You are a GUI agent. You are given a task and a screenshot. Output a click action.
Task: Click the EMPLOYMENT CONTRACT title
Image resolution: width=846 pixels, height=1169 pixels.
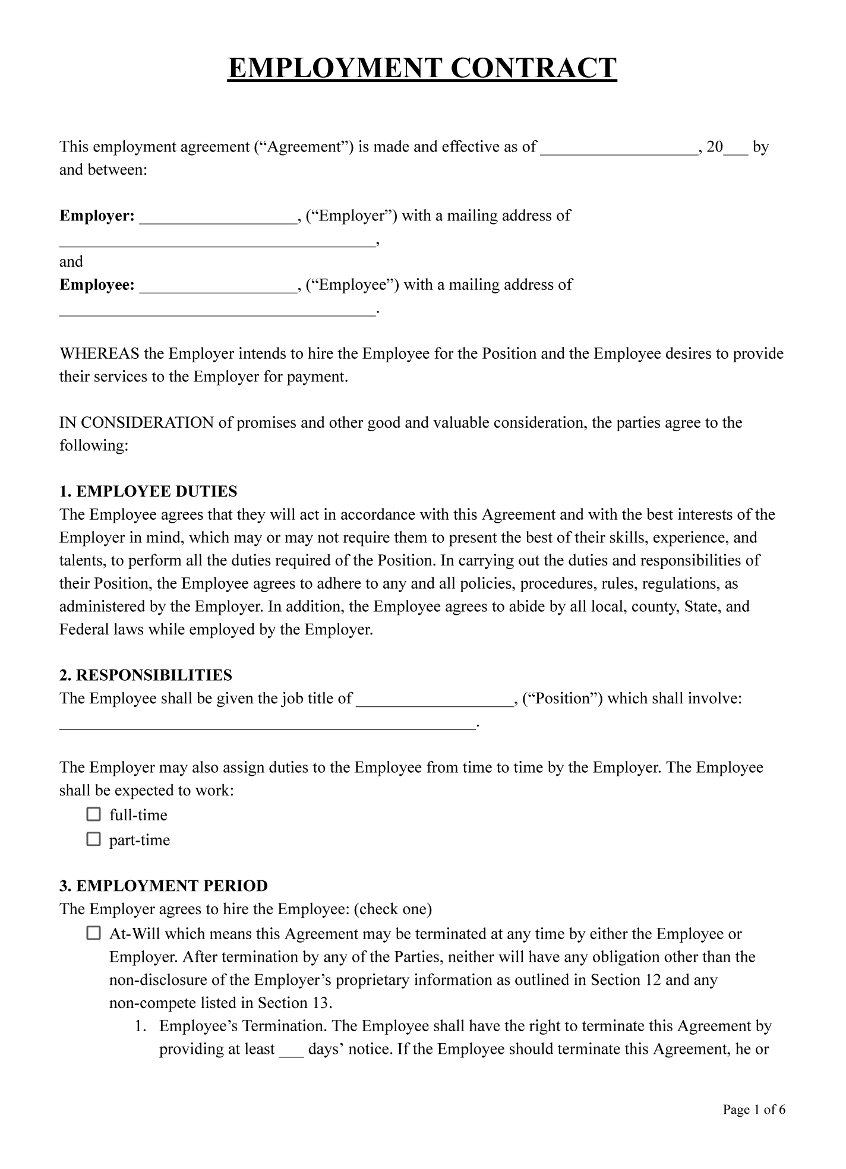(x=422, y=68)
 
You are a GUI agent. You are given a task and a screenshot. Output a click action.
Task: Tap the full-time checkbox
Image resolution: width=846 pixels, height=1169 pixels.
(x=94, y=814)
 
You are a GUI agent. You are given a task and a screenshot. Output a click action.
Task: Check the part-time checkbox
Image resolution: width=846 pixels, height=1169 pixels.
(x=94, y=839)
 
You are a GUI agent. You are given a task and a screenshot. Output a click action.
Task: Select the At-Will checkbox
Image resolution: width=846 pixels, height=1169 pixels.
(x=94, y=933)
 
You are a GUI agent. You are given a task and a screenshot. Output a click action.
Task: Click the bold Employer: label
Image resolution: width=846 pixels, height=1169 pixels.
(x=97, y=216)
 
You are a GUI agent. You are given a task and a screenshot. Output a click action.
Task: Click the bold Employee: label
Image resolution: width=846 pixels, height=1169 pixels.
(x=97, y=285)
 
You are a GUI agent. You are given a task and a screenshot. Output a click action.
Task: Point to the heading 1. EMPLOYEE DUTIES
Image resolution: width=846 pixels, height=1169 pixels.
(x=148, y=491)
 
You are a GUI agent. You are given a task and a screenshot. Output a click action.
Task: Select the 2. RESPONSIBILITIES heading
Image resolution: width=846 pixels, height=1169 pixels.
(x=146, y=675)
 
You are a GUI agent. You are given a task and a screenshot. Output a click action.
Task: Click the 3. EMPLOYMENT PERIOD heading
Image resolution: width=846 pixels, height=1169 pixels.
(x=163, y=886)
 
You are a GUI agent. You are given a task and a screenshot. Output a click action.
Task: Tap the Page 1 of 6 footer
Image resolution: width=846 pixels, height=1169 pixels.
(x=754, y=1110)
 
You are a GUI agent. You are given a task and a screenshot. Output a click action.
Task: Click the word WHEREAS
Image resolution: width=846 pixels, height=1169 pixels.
(x=99, y=354)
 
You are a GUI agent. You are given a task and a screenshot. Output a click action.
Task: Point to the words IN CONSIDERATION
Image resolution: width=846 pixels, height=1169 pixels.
(x=137, y=423)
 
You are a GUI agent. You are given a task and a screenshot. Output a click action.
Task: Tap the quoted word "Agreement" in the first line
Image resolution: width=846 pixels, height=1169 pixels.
(x=304, y=147)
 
